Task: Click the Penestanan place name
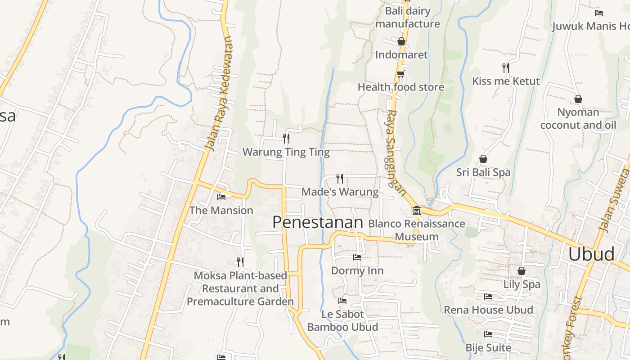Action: tap(317, 222)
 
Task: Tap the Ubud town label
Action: tap(591, 254)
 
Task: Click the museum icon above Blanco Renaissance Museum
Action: tap(417, 210)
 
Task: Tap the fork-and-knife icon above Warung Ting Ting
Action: tap(286, 138)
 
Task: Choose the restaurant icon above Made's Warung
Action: tap(340, 179)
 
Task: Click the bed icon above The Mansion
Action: tap(221, 197)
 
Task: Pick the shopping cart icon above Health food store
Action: tap(400, 74)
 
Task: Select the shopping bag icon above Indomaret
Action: tap(401, 42)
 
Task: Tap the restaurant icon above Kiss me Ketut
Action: tap(506, 68)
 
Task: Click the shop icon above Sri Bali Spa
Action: tap(483, 159)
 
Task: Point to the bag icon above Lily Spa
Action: tap(521, 271)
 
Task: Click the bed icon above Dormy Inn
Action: tap(357, 257)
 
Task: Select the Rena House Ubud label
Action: tap(488, 310)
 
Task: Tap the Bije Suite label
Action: tap(488, 347)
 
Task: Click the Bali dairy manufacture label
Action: tap(408, 17)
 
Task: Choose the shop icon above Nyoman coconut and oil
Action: tap(578, 99)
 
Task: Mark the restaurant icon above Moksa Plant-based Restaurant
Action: tap(240, 262)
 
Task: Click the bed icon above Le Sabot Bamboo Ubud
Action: tap(342, 301)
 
